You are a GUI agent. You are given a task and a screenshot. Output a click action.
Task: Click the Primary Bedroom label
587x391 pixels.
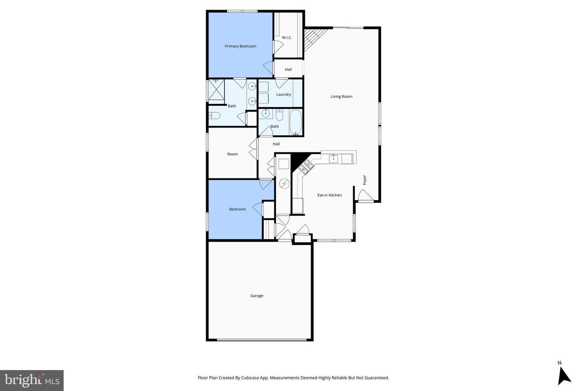[x=241, y=46]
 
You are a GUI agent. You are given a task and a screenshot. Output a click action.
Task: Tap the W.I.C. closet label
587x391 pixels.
[x=287, y=38]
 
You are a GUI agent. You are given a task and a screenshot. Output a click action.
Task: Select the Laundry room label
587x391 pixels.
[x=284, y=94]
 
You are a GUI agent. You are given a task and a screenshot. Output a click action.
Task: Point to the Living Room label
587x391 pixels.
[x=341, y=97]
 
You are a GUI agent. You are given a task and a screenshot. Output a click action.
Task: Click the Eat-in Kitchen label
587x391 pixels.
[x=329, y=195]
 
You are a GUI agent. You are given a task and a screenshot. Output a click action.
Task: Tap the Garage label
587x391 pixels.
[x=257, y=296]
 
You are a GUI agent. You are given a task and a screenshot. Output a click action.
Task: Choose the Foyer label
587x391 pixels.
[x=365, y=180]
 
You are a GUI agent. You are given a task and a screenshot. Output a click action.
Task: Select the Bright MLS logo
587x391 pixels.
[x=32, y=380]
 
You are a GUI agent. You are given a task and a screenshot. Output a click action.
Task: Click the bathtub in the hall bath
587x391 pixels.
[x=296, y=122]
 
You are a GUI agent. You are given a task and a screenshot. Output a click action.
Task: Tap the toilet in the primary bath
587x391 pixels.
[x=214, y=116]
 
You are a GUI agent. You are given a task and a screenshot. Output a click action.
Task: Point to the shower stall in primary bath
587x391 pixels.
[x=216, y=90]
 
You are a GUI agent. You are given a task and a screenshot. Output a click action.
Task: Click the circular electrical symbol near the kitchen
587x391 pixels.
[x=284, y=184]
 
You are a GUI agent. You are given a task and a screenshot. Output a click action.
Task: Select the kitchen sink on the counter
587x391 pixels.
[x=334, y=158]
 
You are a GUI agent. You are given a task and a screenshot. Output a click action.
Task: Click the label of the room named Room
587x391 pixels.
[x=232, y=154]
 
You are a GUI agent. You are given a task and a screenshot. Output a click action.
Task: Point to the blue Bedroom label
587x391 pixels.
[x=237, y=209]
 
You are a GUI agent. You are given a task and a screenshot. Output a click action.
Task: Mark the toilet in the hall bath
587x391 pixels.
[x=280, y=115]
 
